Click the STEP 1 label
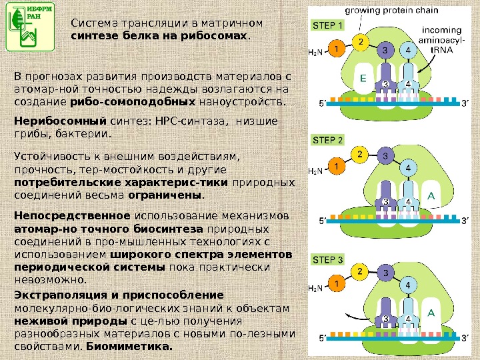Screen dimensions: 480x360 click(328, 26)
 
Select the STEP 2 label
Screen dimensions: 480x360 click(328, 140)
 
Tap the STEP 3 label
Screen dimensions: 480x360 click(328, 259)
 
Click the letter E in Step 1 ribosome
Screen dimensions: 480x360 click(363, 78)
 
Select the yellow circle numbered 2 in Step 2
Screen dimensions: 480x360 click(360, 155)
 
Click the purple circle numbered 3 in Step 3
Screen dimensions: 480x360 click(385, 273)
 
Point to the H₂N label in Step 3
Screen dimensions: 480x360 click(315, 288)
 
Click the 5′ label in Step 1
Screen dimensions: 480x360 click(323, 103)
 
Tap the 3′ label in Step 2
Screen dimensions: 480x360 click(465, 219)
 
